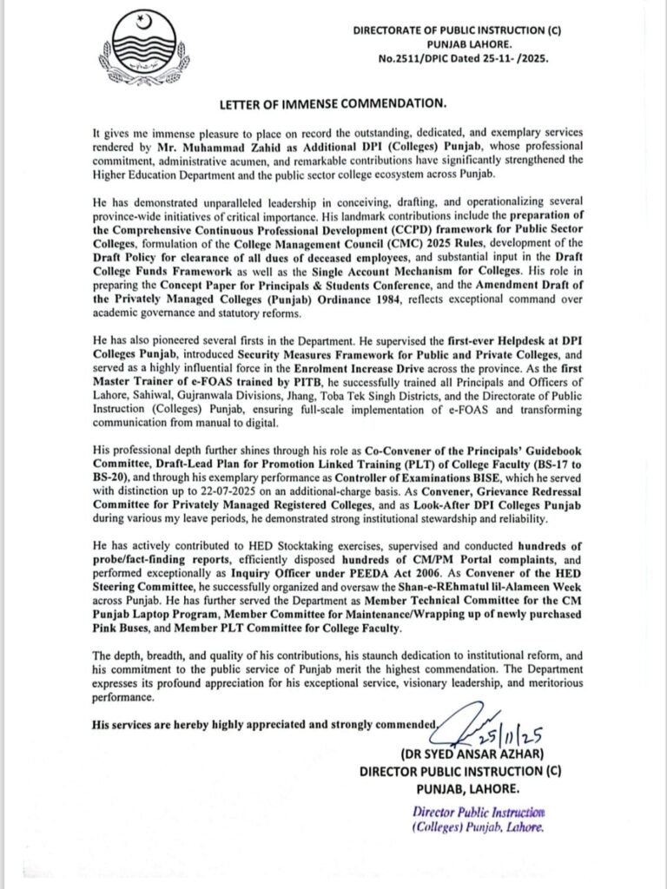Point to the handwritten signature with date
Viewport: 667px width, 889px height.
(x=469, y=726)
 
